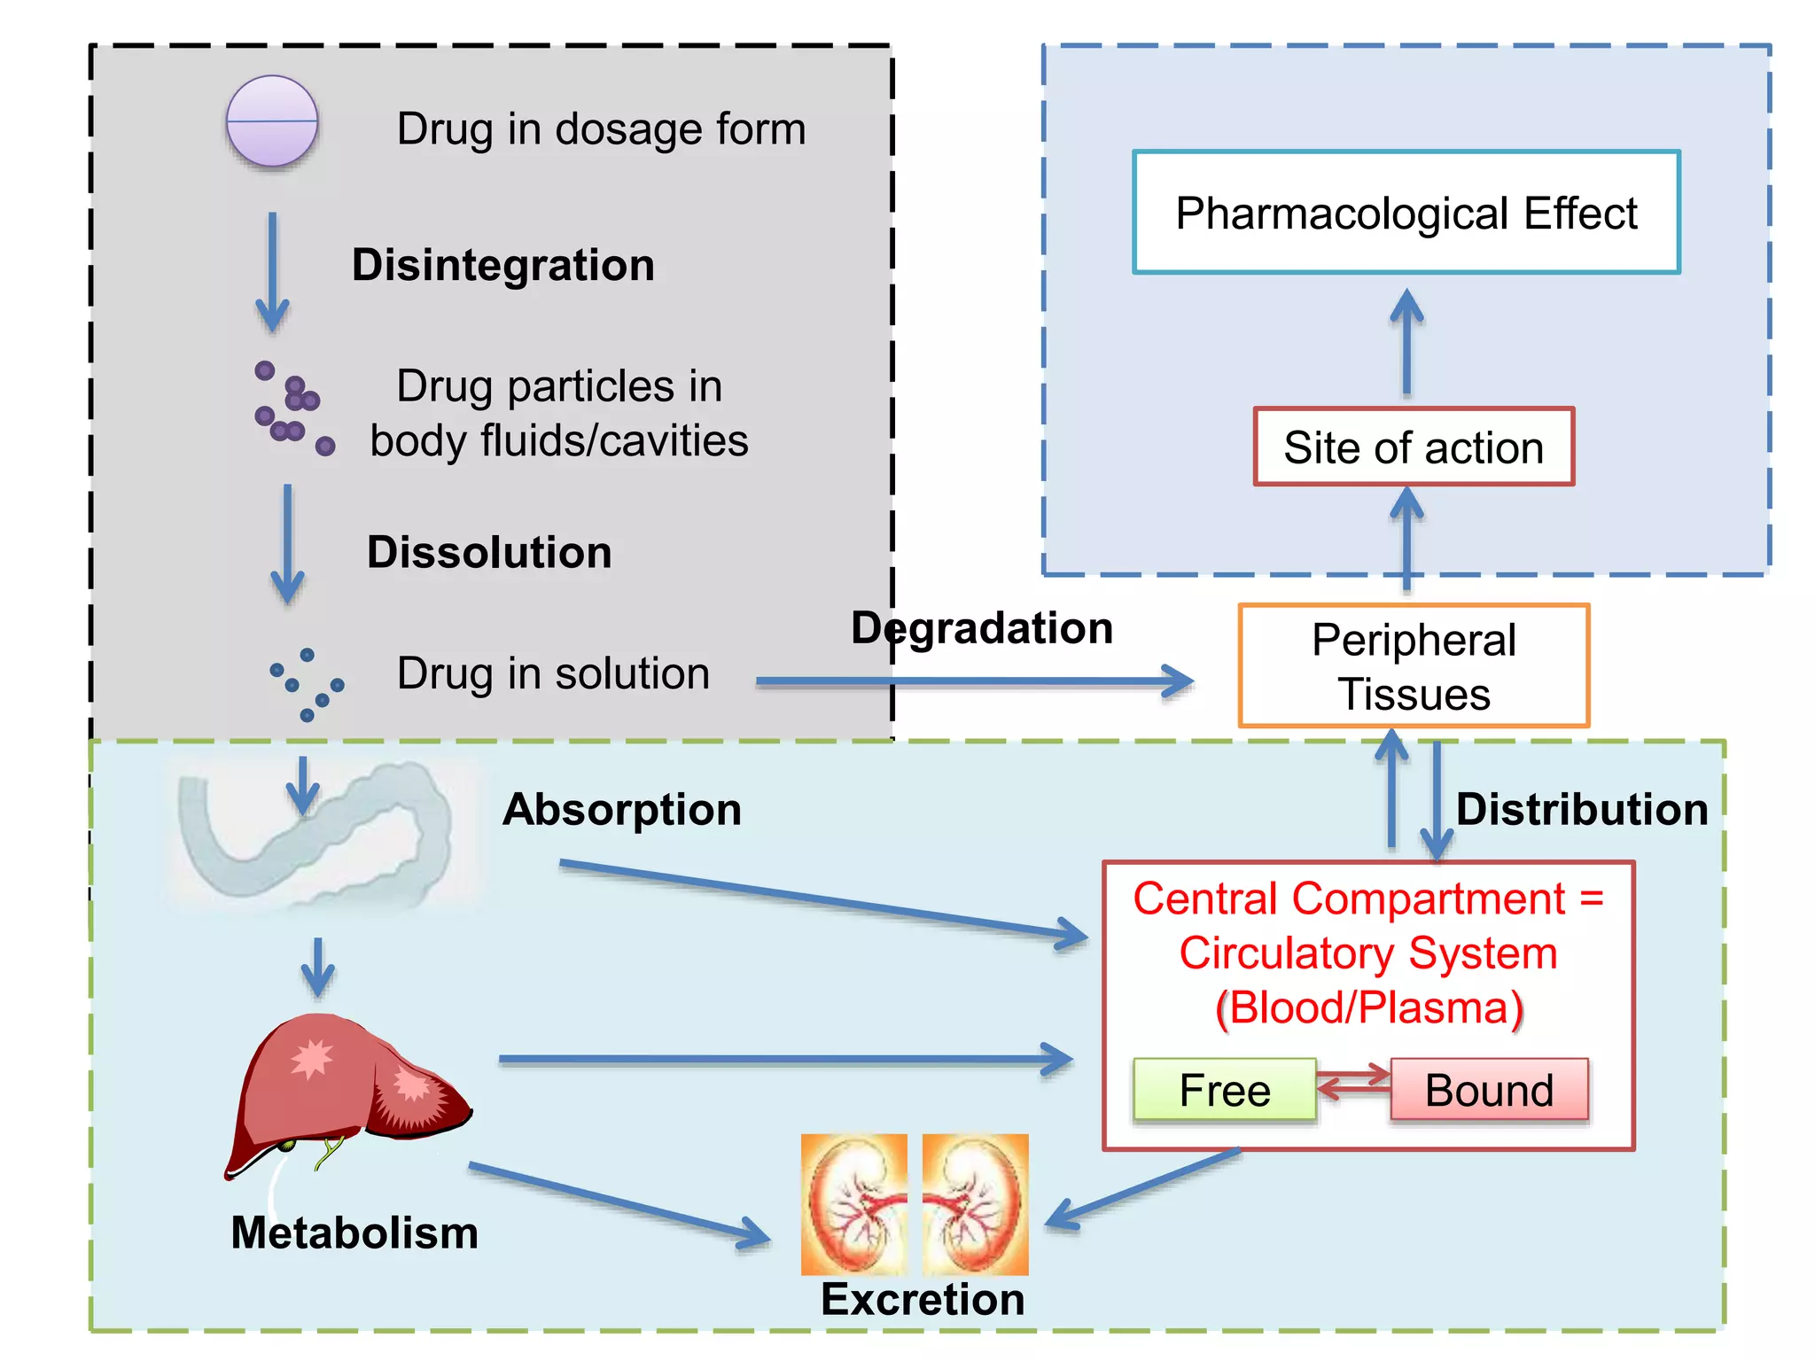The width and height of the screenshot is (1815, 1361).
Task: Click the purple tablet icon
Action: [271, 121]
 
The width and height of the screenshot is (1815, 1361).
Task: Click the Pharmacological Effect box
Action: [1406, 213]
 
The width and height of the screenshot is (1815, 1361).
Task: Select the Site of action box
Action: [1413, 447]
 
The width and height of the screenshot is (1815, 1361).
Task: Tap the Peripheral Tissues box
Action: [1413, 666]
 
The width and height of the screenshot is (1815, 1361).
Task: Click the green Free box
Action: [1224, 1089]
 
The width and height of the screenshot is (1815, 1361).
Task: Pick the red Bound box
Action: [1489, 1089]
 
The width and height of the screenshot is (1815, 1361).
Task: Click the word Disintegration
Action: [502, 265]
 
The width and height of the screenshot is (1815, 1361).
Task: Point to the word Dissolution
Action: [489, 552]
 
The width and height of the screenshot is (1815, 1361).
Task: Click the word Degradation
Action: [981, 628]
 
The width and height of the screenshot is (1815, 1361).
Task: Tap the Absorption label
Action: [621, 809]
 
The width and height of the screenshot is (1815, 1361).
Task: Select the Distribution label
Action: [1581, 809]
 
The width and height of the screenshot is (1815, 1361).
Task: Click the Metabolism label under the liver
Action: [354, 1233]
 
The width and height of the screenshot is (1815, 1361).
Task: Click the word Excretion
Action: [922, 1299]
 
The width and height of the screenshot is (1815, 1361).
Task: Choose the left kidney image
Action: [853, 1204]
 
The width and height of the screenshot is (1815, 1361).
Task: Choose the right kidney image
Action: [975, 1204]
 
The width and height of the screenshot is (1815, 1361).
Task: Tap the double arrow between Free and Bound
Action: [1353, 1082]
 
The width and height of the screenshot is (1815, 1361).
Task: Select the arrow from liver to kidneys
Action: [620, 1205]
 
